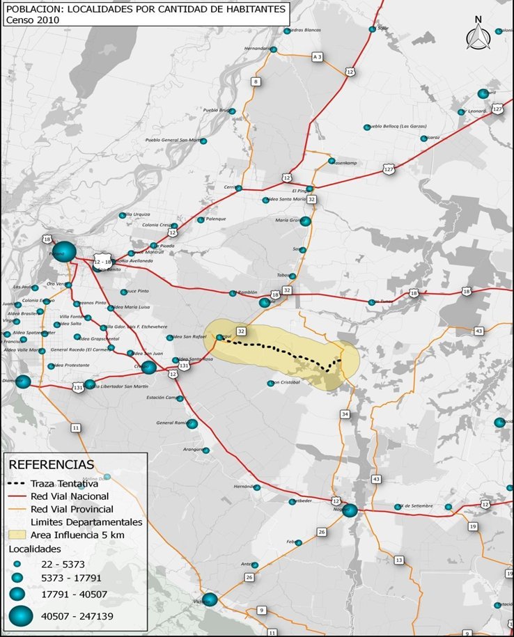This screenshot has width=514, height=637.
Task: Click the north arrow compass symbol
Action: (478, 35)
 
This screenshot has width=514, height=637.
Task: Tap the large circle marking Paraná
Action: (63, 252)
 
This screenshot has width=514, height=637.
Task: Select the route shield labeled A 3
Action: (317, 56)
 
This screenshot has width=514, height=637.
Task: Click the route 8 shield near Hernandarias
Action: (256, 81)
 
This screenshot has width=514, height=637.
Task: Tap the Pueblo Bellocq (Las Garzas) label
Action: (396, 127)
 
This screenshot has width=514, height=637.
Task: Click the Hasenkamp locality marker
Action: (332, 161)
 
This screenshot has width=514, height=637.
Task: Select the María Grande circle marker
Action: (304, 221)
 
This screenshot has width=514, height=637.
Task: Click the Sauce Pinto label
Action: (137, 292)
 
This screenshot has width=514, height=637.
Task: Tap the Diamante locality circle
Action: (23, 382)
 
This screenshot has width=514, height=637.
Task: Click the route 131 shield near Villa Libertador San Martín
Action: (79, 386)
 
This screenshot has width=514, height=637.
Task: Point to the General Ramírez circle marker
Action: (192, 423)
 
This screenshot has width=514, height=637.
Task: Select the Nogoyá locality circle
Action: (350, 510)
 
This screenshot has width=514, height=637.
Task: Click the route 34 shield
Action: (344, 414)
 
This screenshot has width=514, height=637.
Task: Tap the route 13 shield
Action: (398, 560)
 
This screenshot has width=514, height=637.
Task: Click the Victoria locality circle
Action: (210, 599)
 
